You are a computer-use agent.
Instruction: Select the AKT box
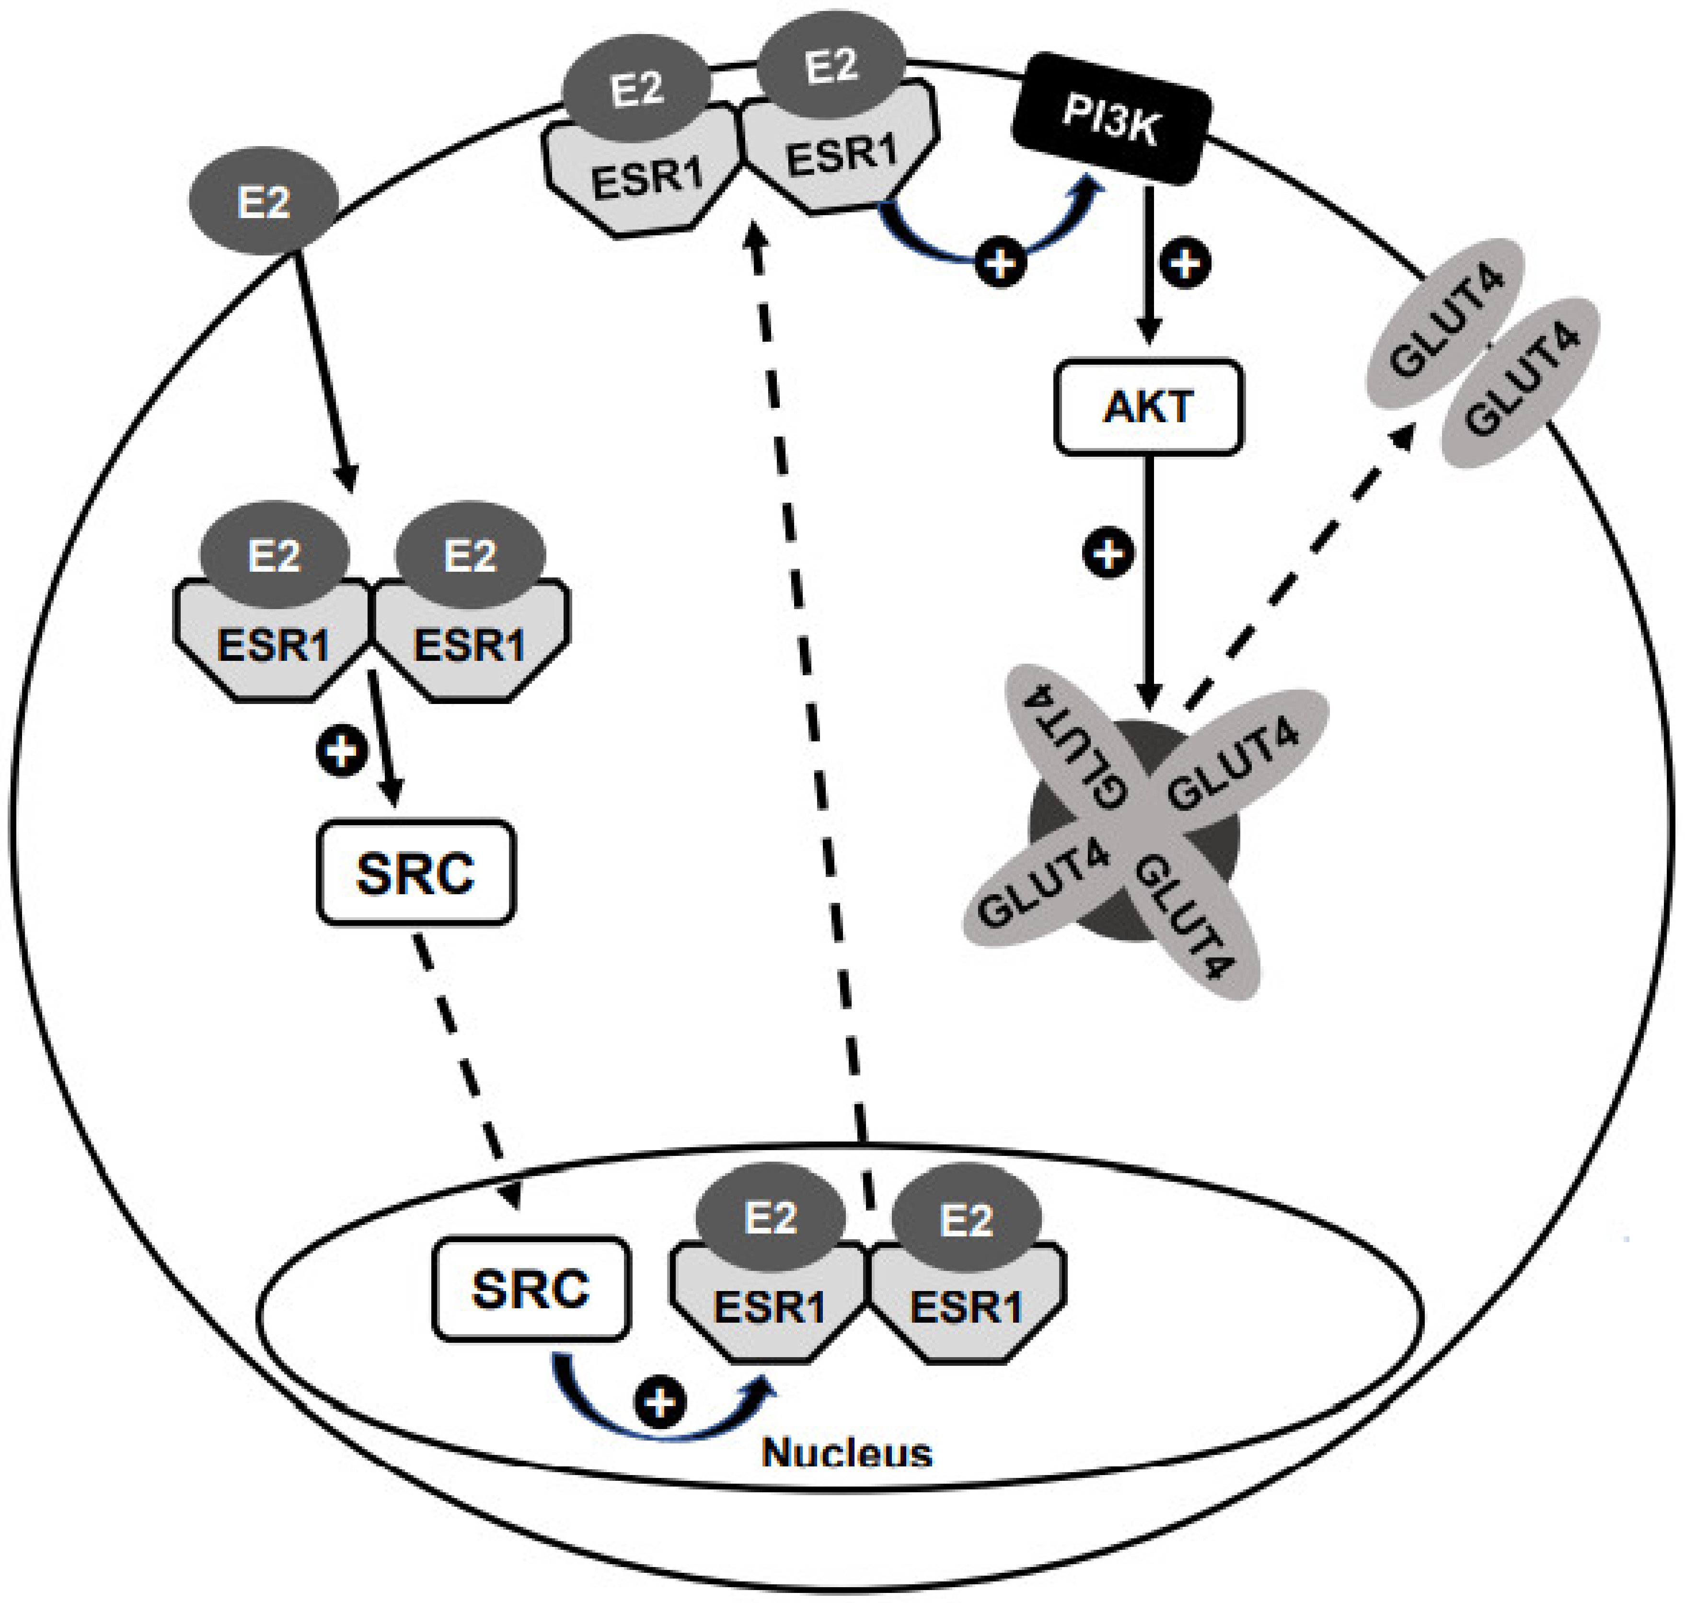pos(1148,406)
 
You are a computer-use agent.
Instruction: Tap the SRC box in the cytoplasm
pos(415,872)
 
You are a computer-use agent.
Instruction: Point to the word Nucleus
pos(846,1453)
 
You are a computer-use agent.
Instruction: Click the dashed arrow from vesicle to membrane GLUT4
pos(1299,564)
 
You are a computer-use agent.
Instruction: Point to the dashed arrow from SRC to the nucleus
pos(466,1068)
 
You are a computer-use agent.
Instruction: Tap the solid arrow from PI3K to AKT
pos(1149,265)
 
